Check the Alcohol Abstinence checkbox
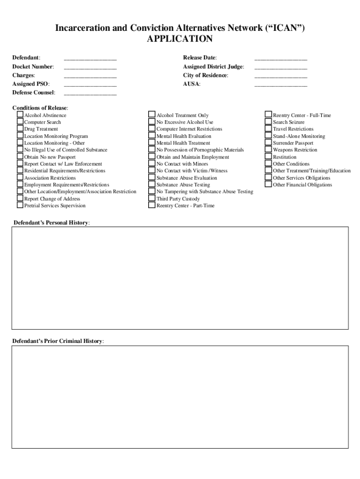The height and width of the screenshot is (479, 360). (x=20, y=115)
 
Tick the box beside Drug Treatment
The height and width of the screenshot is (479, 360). (x=20, y=129)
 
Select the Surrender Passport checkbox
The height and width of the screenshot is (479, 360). (x=268, y=143)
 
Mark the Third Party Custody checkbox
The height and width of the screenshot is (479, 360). (x=152, y=198)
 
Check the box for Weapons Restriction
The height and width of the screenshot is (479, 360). (x=268, y=150)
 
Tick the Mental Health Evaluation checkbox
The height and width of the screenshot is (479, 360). (x=152, y=136)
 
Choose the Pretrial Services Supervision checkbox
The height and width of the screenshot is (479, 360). (x=20, y=205)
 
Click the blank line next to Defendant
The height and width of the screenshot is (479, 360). (x=90, y=58)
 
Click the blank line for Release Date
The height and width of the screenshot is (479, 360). (x=281, y=58)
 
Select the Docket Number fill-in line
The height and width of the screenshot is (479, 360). (x=90, y=67)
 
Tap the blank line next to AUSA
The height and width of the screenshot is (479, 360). (x=281, y=85)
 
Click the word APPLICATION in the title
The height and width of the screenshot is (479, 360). (x=180, y=39)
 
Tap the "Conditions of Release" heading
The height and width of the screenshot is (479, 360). (x=40, y=108)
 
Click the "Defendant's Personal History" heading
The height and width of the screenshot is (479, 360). (x=51, y=223)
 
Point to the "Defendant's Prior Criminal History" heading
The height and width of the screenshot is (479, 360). (x=58, y=341)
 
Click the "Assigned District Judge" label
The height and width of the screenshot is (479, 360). (x=213, y=67)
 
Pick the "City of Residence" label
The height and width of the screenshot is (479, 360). (x=205, y=75)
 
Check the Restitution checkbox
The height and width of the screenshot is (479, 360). (x=268, y=157)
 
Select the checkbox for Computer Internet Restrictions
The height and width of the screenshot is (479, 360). (x=152, y=129)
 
